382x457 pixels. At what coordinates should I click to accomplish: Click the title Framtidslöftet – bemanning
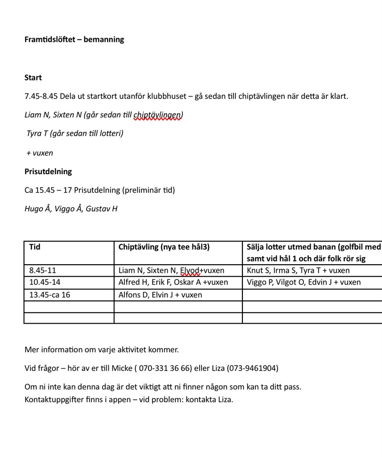click(74, 40)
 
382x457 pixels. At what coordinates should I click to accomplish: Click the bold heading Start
click(33, 78)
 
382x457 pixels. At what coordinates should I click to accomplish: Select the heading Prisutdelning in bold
click(48, 171)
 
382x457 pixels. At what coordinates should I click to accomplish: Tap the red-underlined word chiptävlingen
click(158, 115)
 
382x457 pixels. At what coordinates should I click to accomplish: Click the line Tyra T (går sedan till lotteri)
click(75, 133)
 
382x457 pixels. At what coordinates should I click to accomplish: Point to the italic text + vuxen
click(40, 153)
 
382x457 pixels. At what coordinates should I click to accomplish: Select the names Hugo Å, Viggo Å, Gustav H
click(71, 209)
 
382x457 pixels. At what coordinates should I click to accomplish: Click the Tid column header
click(35, 247)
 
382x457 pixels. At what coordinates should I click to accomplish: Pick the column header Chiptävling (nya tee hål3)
click(164, 247)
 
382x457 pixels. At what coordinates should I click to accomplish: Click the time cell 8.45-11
click(42, 270)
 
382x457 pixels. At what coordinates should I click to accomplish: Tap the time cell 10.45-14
click(45, 282)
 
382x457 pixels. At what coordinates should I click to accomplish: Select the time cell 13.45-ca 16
click(50, 295)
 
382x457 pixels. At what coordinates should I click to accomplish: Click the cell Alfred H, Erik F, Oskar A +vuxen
click(173, 282)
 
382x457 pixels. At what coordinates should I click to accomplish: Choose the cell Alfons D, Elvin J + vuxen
click(161, 295)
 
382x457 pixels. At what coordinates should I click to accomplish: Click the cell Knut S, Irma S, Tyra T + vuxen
click(298, 270)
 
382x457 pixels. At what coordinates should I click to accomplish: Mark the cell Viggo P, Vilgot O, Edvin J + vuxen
click(304, 282)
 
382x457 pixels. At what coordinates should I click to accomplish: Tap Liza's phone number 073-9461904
click(252, 368)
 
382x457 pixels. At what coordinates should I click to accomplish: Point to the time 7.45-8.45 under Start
click(41, 96)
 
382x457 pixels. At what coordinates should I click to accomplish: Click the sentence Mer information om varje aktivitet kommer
click(101, 349)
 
